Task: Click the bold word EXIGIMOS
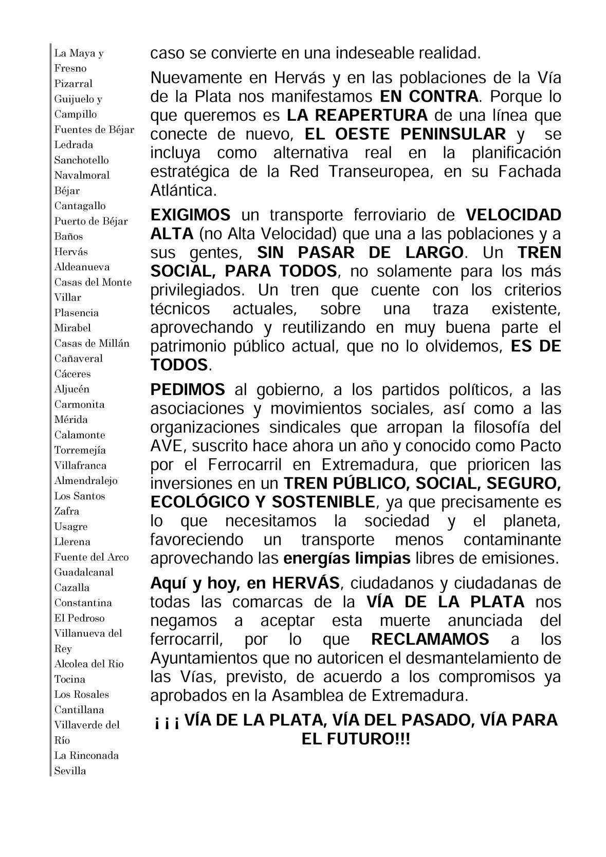190,215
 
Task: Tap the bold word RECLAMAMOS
430,640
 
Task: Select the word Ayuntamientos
201,658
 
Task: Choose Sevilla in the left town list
70,771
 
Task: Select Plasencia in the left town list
76,312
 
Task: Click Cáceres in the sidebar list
72,374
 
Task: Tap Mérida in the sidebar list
71,419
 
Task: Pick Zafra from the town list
66,511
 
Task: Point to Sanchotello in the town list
81,160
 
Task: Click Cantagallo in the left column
80,206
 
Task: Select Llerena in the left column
72,542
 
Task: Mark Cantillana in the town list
79,710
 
